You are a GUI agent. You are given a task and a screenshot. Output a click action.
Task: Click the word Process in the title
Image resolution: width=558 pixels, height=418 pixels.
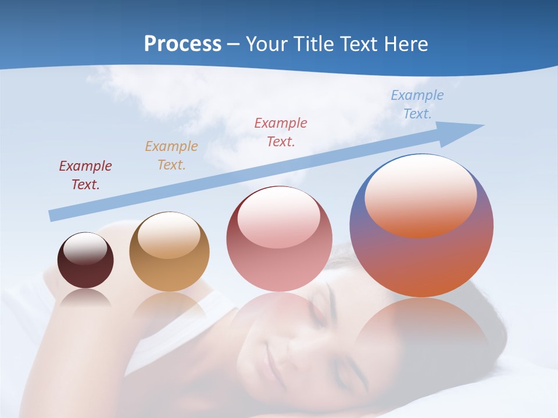point(183,44)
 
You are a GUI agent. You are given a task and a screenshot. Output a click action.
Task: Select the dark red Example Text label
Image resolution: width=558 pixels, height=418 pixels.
point(85,175)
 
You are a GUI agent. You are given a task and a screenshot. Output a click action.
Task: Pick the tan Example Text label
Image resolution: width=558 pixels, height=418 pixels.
point(171,155)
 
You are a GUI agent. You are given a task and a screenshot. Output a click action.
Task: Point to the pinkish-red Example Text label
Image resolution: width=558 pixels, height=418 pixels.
point(281,132)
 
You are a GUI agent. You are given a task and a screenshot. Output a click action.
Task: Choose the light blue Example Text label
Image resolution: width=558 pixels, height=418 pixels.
point(417,105)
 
